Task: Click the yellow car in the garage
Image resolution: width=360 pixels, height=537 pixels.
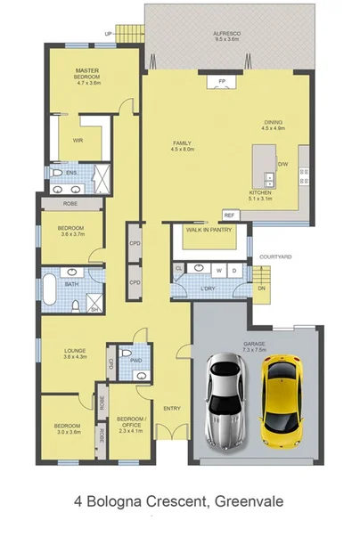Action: [284, 401]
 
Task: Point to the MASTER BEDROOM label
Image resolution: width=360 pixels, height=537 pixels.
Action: [86, 74]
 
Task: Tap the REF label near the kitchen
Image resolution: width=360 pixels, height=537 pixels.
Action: [229, 216]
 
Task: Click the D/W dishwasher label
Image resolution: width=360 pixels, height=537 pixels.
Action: [283, 164]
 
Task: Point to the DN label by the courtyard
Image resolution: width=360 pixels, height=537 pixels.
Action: [261, 288]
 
